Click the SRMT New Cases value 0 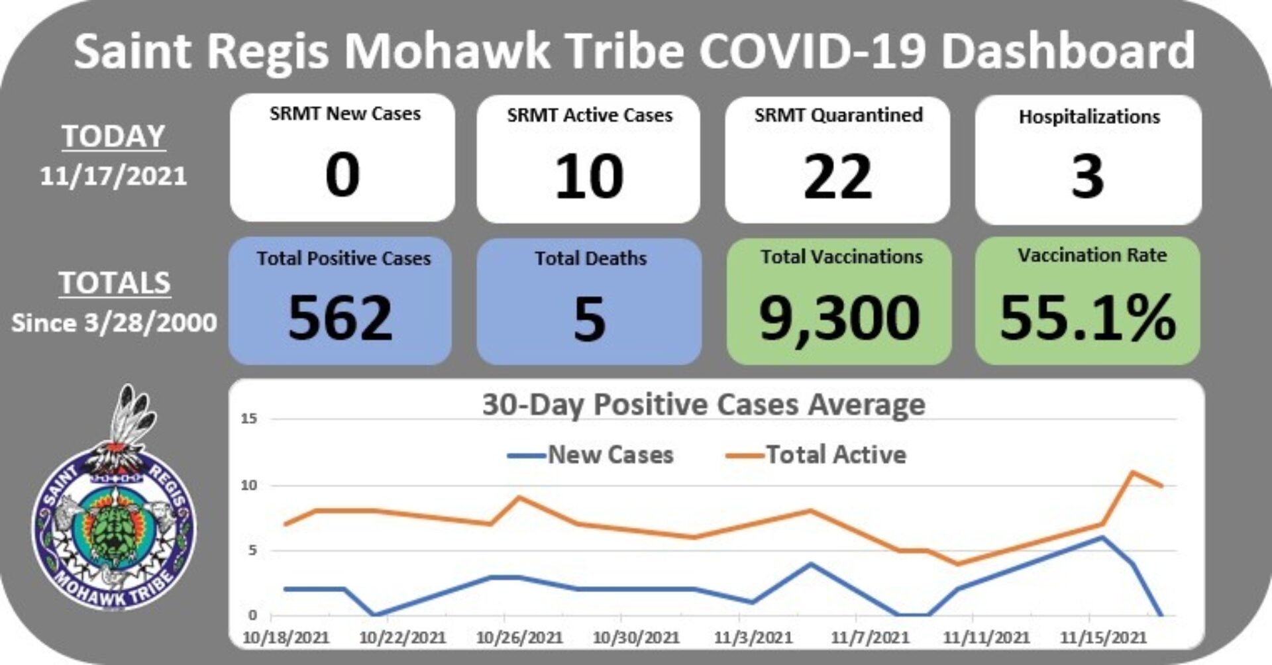(342, 175)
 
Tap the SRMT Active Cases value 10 (588, 176)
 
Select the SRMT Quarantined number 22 (837, 176)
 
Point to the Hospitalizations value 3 (1088, 176)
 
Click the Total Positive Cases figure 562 (341, 318)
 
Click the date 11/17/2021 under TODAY (113, 176)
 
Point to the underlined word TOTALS (115, 283)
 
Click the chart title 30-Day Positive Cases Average (703, 404)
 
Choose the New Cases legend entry (590, 455)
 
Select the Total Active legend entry (816, 455)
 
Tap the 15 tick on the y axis (249, 419)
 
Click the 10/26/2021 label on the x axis (519, 638)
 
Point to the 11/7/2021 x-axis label (870, 638)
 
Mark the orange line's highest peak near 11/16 (1132, 472)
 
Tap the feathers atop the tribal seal (132, 414)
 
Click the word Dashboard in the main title (1068, 51)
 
